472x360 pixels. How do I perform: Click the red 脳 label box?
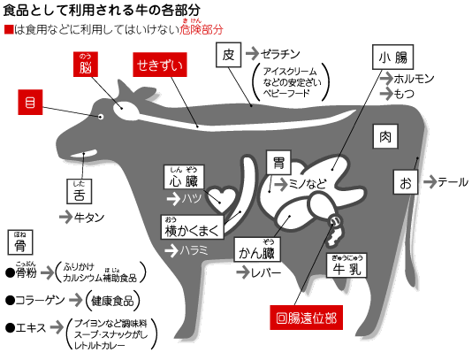[x=86, y=65]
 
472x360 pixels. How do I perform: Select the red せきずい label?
[x=160, y=65]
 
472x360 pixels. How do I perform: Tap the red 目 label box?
[x=30, y=102]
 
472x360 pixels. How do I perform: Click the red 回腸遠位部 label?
[x=306, y=318]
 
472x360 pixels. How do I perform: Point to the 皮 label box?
[x=228, y=55]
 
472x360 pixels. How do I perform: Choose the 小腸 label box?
[x=392, y=57]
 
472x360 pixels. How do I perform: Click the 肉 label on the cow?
[x=385, y=136]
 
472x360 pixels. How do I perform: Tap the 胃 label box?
[x=278, y=163]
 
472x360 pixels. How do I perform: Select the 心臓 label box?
[x=184, y=177]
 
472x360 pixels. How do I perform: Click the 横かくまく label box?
[x=193, y=227]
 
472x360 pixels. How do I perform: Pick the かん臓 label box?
[x=257, y=249]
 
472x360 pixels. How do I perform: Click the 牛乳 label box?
[x=346, y=265]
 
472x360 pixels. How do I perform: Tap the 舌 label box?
[x=80, y=192]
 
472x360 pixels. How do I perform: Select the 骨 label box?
[x=20, y=242]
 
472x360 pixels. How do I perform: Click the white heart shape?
[x=222, y=198]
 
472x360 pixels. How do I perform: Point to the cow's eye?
[x=101, y=117]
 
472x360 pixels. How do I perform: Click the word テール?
[x=453, y=182]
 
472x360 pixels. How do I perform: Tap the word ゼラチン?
[x=280, y=54]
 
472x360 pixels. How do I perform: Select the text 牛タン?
[x=89, y=218]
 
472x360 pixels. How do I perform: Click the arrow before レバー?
[x=243, y=272]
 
